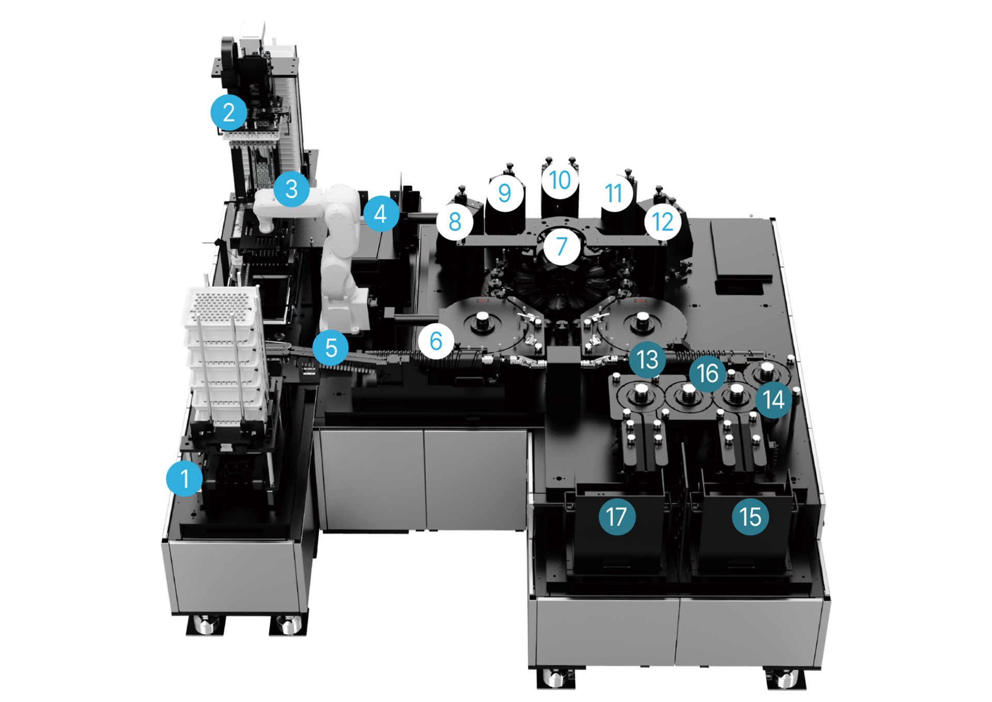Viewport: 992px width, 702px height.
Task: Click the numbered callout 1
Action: coord(184,478)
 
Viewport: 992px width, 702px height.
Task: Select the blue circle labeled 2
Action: coord(229,112)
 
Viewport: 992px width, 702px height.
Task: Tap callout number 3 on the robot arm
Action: coord(291,189)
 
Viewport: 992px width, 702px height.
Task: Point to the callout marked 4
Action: coord(381,213)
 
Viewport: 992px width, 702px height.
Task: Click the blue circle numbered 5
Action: coord(331,348)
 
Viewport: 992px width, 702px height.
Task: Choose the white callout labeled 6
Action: coord(436,341)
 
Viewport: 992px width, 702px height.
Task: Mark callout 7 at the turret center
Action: coord(562,246)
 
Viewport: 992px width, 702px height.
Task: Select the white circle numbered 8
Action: coord(455,222)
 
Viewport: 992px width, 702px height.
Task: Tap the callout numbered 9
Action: coord(505,193)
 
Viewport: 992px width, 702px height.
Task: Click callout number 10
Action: coord(560,180)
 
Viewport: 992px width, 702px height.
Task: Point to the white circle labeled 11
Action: coord(614,193)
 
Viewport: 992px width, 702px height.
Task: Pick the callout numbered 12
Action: coord(663,222)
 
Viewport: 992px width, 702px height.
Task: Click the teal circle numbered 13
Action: coord(647,360)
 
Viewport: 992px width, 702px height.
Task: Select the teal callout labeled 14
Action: coord(773,399)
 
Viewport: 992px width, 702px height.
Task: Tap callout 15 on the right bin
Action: coord(750,517)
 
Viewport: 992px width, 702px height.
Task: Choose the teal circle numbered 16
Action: coord(707,373)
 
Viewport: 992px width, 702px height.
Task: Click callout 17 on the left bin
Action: coord(617,517)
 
